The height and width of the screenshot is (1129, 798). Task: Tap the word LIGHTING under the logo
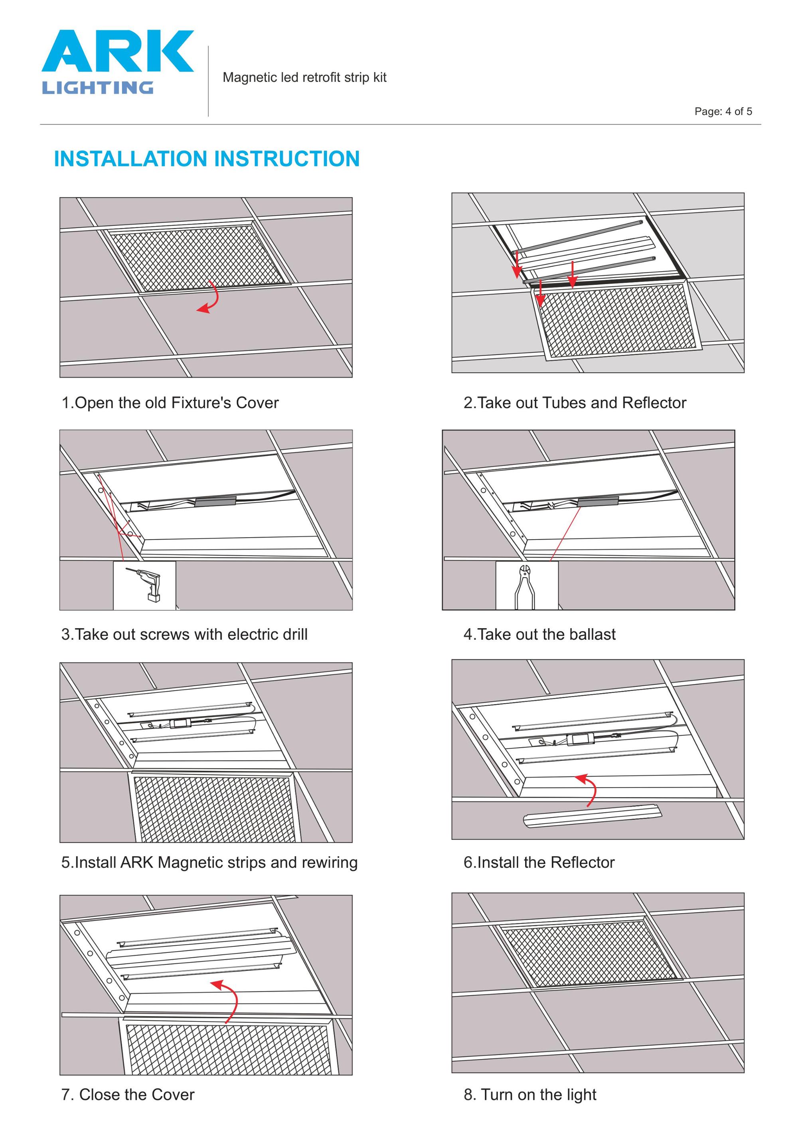[x=97, y=88]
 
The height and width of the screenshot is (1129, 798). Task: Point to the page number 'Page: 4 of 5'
[x=723, y=111]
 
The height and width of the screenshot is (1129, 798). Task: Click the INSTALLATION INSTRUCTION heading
[x=206, y=159]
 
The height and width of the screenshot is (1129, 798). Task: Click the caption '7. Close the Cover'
[x=128, y=1095]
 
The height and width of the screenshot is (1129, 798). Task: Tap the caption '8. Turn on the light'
[x=530, y=1095]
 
